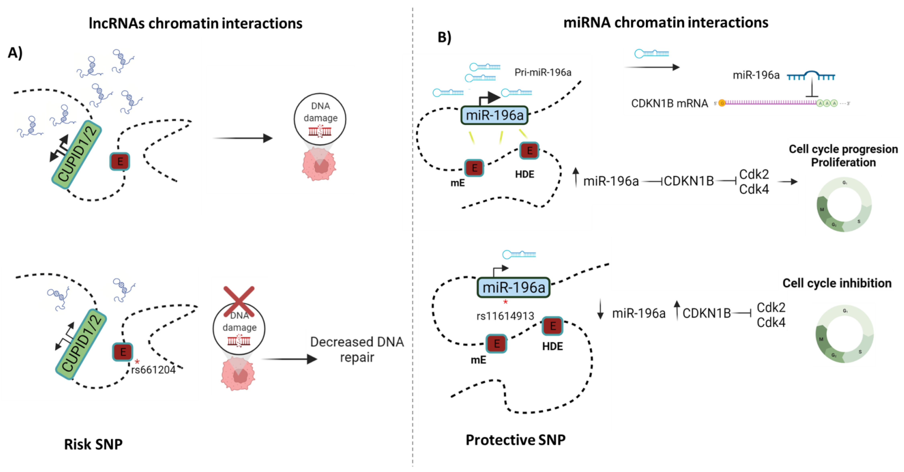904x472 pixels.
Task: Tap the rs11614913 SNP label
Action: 505,316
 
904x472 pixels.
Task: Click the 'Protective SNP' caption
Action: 515,439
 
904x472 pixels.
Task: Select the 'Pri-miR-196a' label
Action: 543,72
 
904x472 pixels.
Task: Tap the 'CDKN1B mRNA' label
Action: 669,103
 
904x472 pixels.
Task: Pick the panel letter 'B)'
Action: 444,37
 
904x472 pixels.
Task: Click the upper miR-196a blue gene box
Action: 494,115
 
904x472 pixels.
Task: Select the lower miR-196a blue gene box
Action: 513,287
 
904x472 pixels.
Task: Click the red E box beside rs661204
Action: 122,352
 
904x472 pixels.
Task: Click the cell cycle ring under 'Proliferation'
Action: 844,205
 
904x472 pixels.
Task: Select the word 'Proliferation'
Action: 843,162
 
